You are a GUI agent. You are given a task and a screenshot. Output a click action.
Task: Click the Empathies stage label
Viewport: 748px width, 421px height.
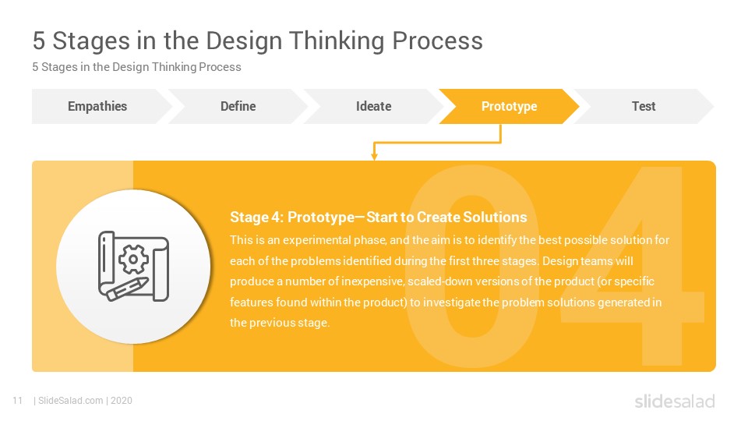click(x=97, y=106)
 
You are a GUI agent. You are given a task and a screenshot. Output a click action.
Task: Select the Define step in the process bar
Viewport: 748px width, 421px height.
click(x=238, y=106)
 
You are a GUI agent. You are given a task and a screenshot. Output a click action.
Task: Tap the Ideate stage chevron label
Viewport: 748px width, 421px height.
click(x=373, y=106)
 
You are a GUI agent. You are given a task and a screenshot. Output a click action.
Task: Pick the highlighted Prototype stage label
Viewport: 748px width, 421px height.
click(x=509, y=107)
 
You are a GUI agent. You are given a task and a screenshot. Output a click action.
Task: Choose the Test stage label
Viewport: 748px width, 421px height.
click(x=644, y=106)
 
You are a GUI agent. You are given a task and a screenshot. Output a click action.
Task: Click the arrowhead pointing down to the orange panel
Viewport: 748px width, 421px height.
click(x=375, y=156)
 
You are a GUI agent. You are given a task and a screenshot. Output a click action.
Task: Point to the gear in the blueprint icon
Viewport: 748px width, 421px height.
click(x=133, y=259)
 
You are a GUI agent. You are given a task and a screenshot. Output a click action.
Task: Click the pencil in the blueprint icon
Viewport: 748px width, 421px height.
click(x=127, y=288)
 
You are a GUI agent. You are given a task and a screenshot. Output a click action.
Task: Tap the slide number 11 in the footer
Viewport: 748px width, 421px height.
click(x=18, y=401)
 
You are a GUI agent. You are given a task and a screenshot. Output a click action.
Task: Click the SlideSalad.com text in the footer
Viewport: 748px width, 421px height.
click(x=71, y=401)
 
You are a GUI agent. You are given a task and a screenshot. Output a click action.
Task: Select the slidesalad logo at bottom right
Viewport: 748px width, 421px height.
click(x=675, y=401)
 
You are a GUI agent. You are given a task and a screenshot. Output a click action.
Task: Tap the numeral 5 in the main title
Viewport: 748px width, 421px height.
click(x=39, y=41)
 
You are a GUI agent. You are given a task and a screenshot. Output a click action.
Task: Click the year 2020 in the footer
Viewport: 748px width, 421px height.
click(x=122, y=401)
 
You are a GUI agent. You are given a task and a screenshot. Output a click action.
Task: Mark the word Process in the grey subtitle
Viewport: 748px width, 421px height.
click(x=220, y=67)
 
